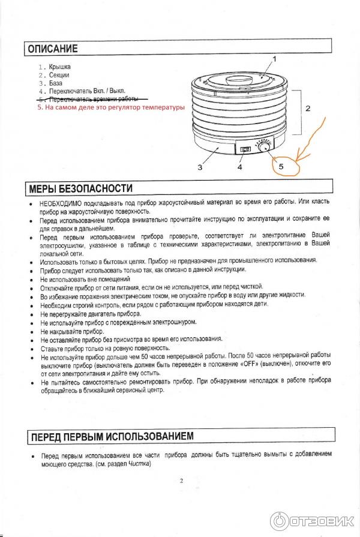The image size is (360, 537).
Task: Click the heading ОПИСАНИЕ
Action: [52, 48]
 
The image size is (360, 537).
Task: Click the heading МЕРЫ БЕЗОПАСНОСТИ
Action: [80, 188]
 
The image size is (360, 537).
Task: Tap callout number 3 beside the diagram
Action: [200, 168]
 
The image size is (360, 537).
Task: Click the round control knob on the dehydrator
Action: [265, 147]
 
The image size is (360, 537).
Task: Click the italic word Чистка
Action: [139, 464]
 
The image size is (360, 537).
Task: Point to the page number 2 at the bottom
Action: [181, 481]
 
